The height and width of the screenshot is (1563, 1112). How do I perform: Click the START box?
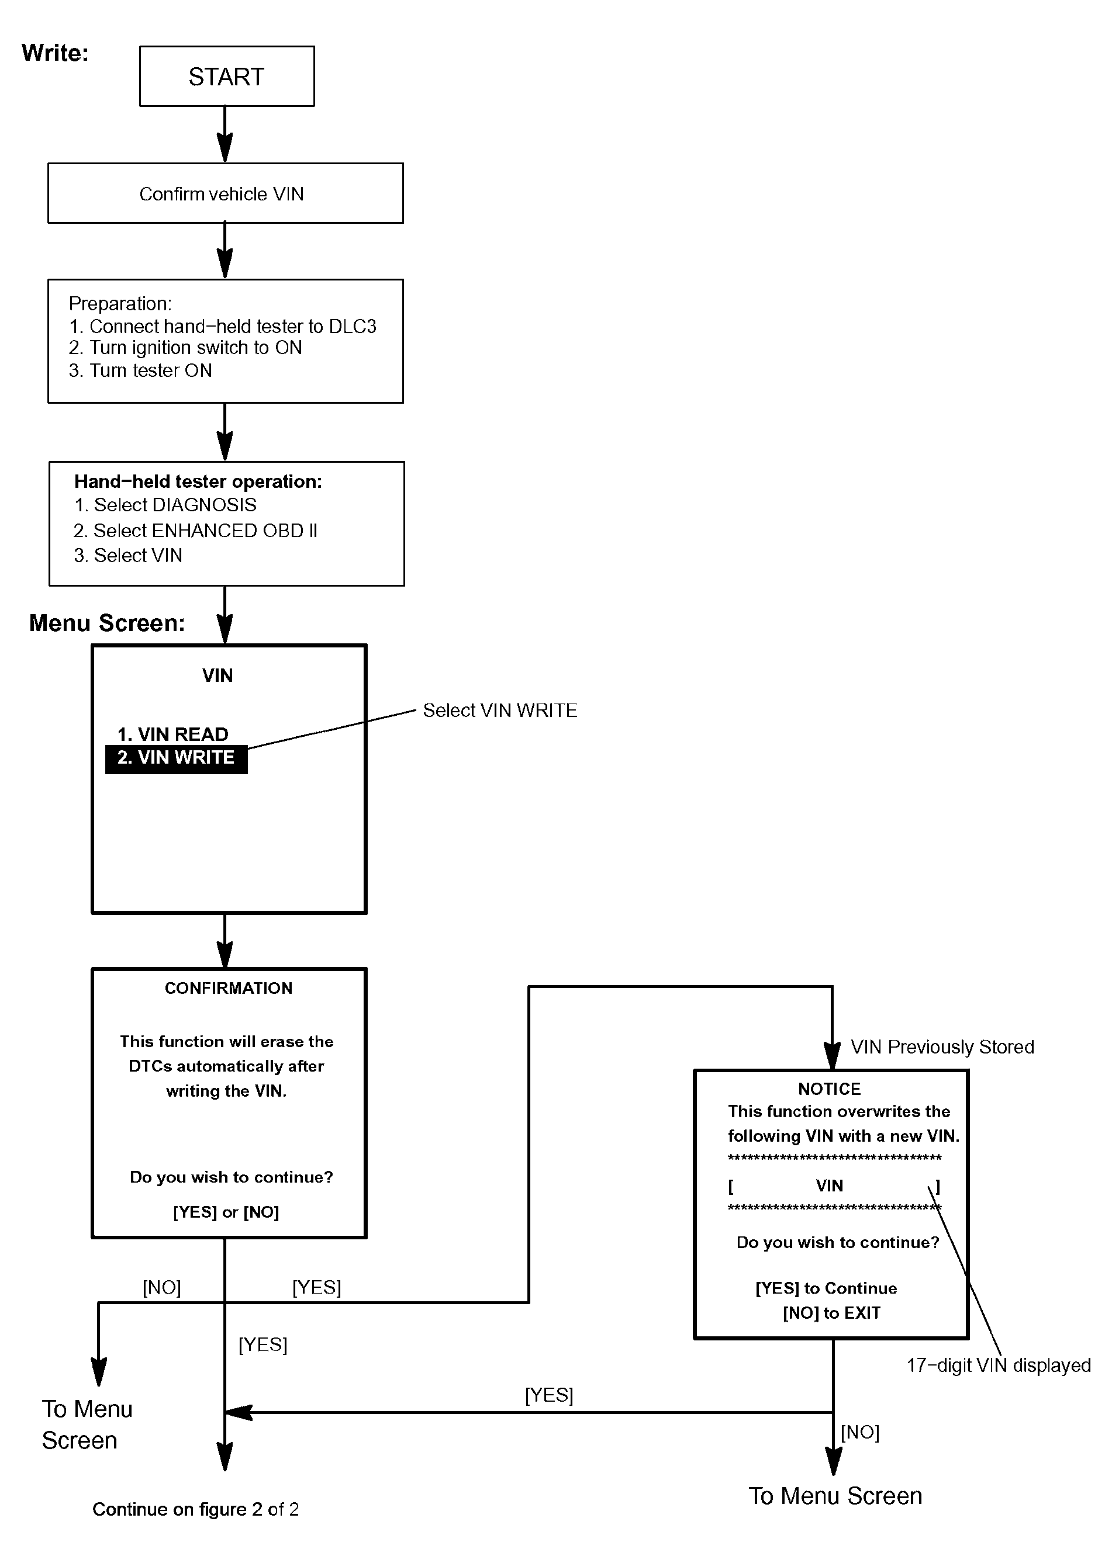coord(227,76)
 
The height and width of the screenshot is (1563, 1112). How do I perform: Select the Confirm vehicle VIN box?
coord(225,193)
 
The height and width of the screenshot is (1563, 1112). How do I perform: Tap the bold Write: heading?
coord(56,53)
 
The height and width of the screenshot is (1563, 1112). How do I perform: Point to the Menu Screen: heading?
coord(107,623)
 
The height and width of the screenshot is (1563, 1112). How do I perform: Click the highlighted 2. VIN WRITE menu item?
coord(176,758)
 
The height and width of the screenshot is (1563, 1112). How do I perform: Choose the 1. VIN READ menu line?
coord(172,734)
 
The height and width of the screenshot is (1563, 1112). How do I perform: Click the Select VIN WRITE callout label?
coord(500,711)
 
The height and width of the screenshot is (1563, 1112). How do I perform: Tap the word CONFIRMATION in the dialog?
coord(229,988)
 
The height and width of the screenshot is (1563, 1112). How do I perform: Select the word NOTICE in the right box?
coord(829,1089)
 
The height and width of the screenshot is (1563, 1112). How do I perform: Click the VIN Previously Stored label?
coord(942,1047)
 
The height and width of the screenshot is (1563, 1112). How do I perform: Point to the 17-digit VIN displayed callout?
coord(999,1366)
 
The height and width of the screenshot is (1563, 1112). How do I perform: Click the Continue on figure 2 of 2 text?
coord(196,1509)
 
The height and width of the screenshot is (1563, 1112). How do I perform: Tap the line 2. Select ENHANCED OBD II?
coord(195,531)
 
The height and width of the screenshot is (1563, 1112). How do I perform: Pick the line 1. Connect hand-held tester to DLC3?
coord(223,327)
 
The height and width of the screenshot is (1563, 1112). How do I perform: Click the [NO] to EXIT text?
coord(831,1312)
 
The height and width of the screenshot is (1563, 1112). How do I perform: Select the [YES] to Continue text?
coord(826,1288)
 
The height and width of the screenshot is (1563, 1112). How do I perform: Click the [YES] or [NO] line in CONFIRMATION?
coord(226,1212)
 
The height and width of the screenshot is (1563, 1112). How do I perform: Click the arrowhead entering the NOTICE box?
coord(832,1056)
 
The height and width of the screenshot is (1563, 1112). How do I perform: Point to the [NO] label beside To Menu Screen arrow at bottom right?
coord(860,1432)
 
